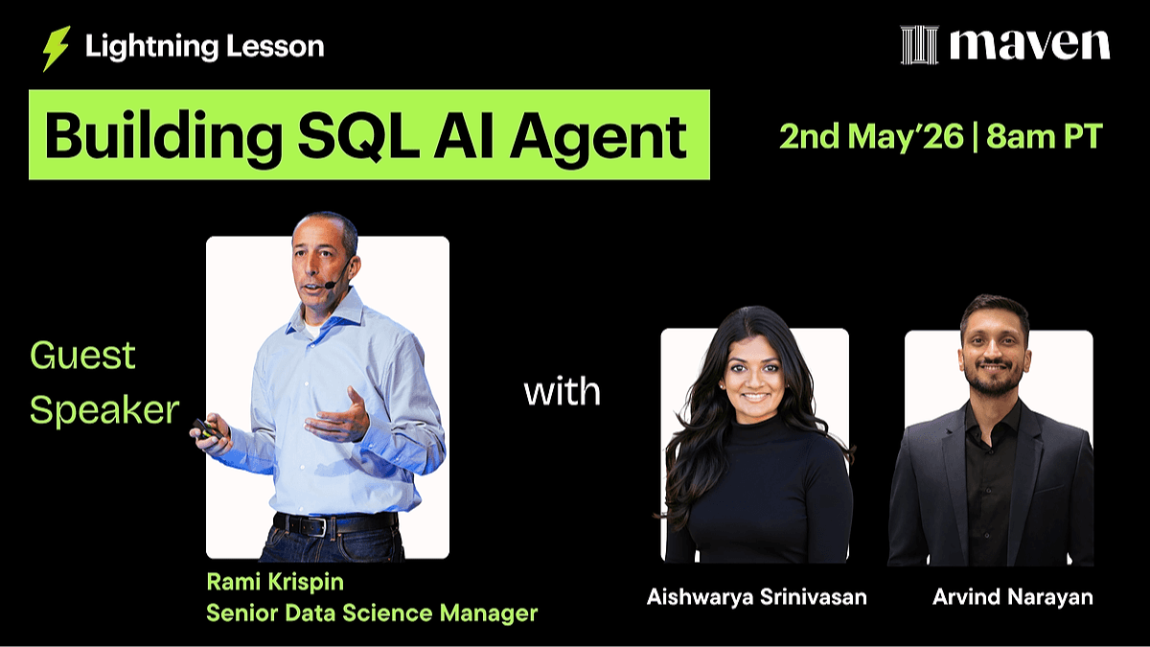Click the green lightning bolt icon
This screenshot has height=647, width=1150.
coord(56,48)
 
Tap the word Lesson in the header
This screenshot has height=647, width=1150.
coord(275,46)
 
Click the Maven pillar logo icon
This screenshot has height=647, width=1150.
coord(919,45)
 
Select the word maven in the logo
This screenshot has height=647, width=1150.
coord(1029,45)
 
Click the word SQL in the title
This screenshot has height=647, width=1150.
coord(359,135)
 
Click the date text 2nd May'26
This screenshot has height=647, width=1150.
coord(871,136)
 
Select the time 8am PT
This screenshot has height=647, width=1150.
coord(1045,136)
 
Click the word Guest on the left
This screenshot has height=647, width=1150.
coord(82,356)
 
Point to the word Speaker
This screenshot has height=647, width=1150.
coord(104,411)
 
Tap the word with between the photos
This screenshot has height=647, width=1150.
coord(563,391)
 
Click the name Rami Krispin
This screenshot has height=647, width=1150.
coord(275,583)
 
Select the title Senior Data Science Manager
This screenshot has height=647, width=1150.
coord(372,613)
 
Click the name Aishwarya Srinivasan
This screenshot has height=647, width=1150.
coord(757,596)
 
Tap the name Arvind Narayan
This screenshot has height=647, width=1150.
coord(1012,596)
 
